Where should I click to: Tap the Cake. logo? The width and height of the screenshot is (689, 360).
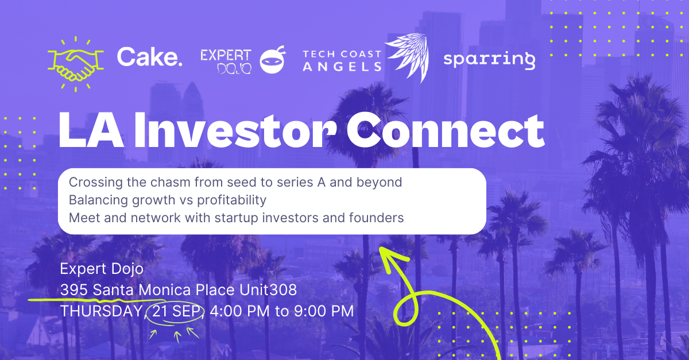click(149, 57)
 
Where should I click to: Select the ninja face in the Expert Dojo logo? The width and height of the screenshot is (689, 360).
click(273, 60)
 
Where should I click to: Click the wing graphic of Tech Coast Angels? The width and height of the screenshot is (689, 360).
click(407, 57)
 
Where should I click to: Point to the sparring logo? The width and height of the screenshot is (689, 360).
click(489, 60)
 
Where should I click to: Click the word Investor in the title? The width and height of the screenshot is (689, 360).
click(235, 131)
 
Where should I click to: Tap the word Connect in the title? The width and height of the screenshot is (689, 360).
click(446, 131)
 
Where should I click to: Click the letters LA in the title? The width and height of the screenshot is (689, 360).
click(91, 131)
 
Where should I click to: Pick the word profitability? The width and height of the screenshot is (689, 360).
click(231, 200)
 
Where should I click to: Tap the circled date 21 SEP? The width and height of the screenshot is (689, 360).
click(176, 311)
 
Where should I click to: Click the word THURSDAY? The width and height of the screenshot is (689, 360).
click(101, 311)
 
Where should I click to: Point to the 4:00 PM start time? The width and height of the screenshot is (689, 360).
click(239, 311)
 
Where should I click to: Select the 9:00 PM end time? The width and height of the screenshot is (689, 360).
click(324, 311)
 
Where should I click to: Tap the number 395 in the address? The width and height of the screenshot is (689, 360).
click(74, 290)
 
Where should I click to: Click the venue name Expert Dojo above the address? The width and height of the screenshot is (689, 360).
click(102, 269)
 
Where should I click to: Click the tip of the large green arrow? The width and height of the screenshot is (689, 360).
click(380, 247)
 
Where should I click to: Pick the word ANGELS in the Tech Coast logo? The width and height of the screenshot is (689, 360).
click(342, 67)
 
